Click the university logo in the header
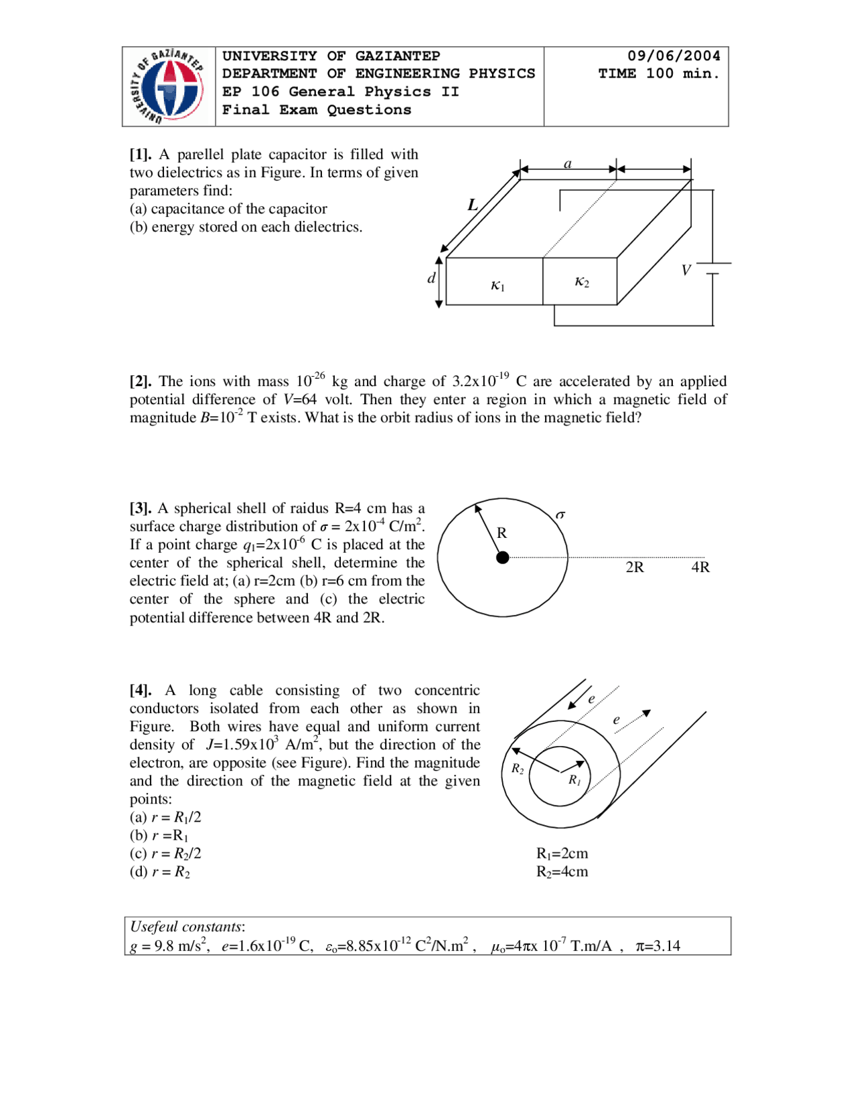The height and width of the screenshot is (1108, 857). pyautogui.click(x=168, y=86)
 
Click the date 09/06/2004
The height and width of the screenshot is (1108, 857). pyautogui.click(x=673, y=56)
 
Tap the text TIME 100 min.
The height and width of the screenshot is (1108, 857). pyautogui.click(x=659, y=74)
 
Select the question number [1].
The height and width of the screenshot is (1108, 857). pyautogui.click(x=140, y=155)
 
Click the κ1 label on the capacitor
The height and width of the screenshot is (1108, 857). pyautogui.click(x=497, y=286)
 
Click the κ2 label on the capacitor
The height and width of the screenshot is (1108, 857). pyautogui.click(x=581, y=282)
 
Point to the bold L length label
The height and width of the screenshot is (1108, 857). pyautogui.click(x=473, y=205)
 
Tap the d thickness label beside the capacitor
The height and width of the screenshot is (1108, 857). pyautogui.click(x=431, y=278)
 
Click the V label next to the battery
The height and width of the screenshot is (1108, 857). pyautogui.click(x=686, y=270)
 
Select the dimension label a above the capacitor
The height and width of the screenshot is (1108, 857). pyautogui.click(x=568, y=164)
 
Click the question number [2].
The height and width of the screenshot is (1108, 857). pyautogui.click(x=140, y=381)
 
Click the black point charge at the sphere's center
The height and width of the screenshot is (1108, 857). pyautogui.click(x=503, y=557)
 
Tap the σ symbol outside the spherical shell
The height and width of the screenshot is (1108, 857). pyautogui.click(x=560, y=515)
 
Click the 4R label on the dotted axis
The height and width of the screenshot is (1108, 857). pyautogui.click(x=700, y=567)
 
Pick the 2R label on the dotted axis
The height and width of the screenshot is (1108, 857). pyautogui.click(x=634, y=567)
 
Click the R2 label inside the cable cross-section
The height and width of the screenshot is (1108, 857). pyautogui.click(x=518, y=769)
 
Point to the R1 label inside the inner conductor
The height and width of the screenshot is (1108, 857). pyautogui.click(x=574, y=780)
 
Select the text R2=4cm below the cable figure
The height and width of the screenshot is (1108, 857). pyautogui.click(x=562, y=872)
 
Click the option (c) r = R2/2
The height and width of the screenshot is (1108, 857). pyautogui.click(x=165, y=854)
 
